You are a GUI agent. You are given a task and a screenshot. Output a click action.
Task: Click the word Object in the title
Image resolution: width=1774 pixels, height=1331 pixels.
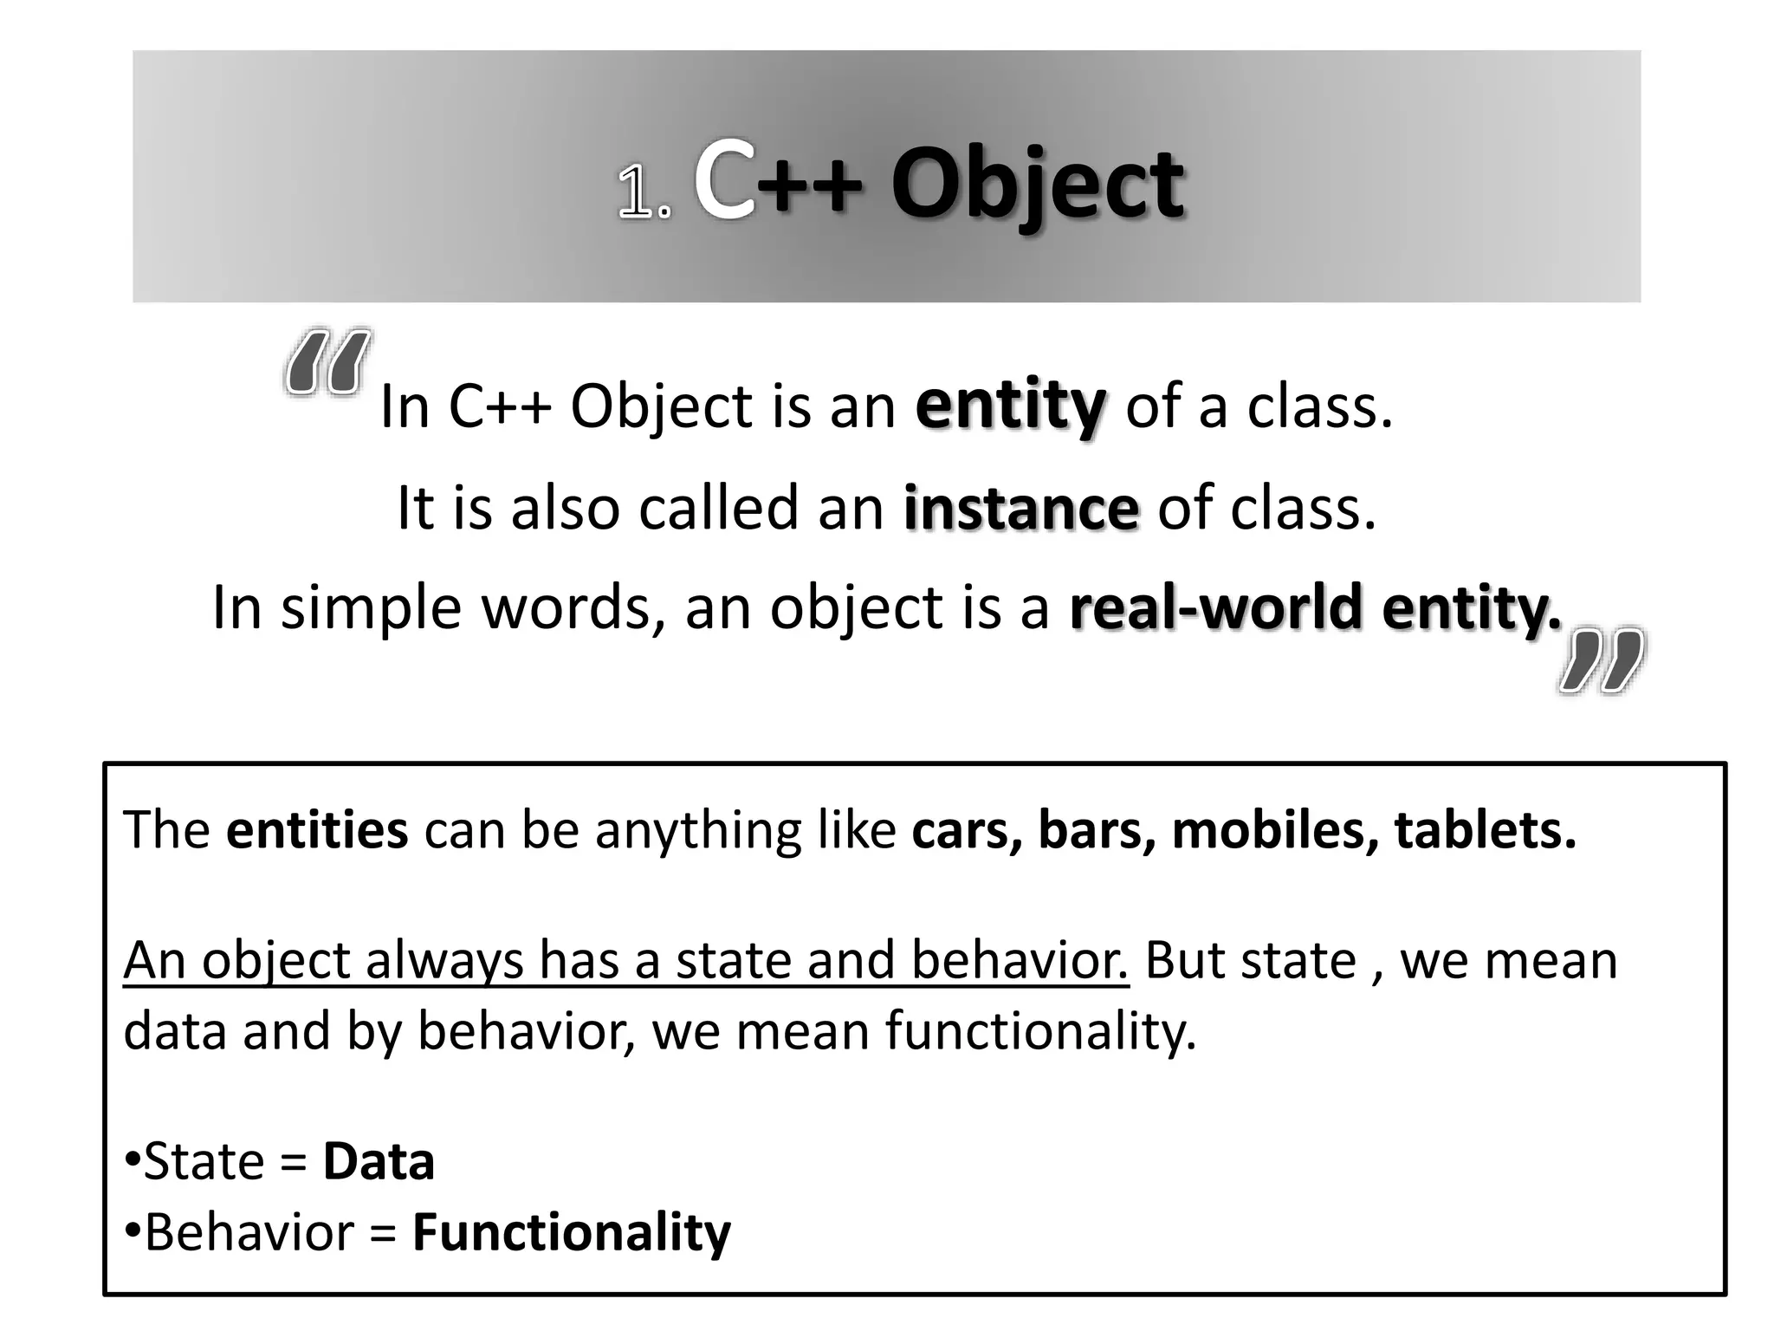1037,185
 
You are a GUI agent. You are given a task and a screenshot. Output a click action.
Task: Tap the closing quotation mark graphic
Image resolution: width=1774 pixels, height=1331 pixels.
1602,660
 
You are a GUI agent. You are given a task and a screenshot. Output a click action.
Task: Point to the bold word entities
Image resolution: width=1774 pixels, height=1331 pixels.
317,829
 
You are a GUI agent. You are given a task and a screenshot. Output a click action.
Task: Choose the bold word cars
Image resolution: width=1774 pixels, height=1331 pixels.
965,829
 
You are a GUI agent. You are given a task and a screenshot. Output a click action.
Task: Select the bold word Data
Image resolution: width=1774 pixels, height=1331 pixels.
379,1161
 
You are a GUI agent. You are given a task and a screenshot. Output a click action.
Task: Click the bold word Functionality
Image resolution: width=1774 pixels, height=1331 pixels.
572,1232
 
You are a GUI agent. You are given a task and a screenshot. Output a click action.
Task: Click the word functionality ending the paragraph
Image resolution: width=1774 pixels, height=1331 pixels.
1040,1031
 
